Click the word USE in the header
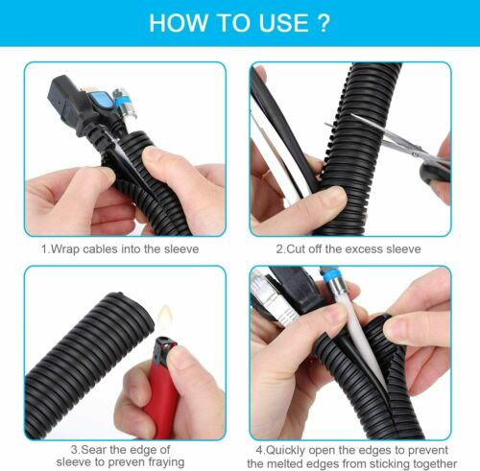click(x=283, y=23)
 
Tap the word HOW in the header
click(x=179, y=23)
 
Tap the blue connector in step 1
click(x=102, y=102)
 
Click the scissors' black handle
click(x=434, y=173)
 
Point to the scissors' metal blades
click(x=384, y=134)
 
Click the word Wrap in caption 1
click(x=65, y=249)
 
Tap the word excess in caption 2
click(x=365, y=249)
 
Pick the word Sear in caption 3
click(x=93, y=449)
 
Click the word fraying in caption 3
click(x=166, y=462)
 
